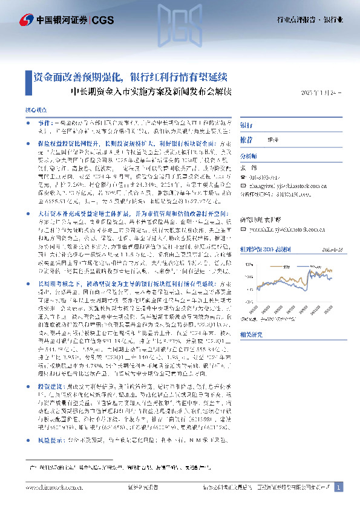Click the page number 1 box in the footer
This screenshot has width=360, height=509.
(x=339, y=487)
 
